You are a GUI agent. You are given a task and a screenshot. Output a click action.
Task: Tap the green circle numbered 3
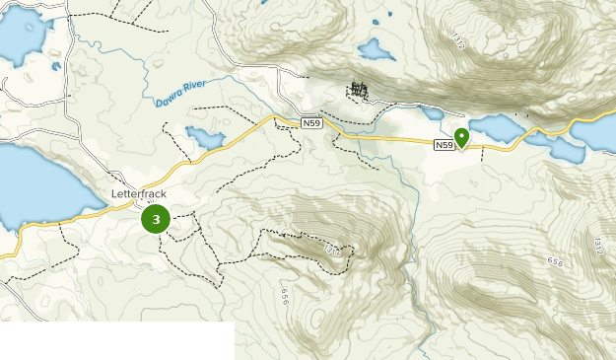tap(156, 219)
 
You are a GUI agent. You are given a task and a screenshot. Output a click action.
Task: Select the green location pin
tap(461, 137)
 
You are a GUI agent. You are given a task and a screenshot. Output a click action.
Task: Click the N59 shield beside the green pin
tap(445, 145)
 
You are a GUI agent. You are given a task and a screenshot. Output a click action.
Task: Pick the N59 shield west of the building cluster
tap(312, 122)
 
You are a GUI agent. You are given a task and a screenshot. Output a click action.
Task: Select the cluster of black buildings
tap(359, 91)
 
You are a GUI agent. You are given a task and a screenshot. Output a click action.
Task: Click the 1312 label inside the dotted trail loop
tap(332, 251)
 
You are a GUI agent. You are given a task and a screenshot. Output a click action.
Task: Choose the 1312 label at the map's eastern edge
tap(597, 243)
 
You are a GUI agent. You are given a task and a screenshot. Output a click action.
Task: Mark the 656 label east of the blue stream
tap(555, 262)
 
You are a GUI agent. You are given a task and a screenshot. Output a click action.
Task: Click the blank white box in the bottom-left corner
tap(116, 340)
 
